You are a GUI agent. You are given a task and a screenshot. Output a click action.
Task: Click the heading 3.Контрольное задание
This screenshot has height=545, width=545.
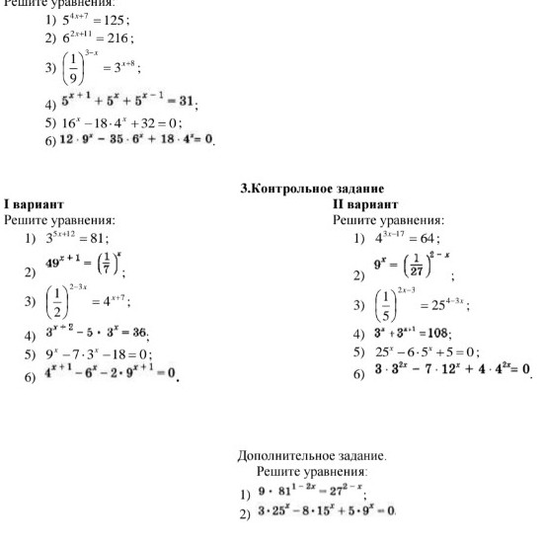click(312, 188)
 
